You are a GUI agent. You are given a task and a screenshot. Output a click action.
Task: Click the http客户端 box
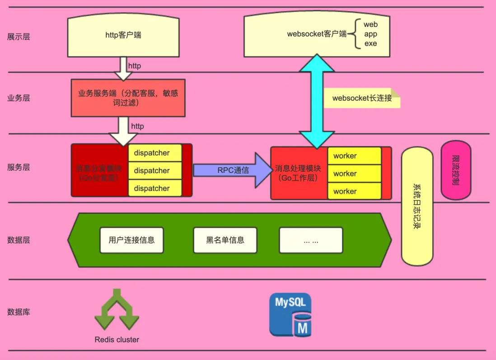[x=123, y=35]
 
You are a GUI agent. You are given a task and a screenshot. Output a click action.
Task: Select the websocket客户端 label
[x=317, y=34]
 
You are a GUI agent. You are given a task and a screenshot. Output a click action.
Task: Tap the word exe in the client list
[x=370, y=44]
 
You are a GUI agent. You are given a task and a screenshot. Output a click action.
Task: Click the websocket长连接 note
[x=362, y=98]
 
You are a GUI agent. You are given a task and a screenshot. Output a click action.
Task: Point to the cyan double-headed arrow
[x=317, y=102]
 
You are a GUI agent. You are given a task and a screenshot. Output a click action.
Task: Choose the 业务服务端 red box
[x=128, y=98]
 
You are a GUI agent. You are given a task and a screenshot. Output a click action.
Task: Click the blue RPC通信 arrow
[x=233, y=170]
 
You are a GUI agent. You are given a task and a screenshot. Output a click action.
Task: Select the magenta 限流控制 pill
[x=455, y=170]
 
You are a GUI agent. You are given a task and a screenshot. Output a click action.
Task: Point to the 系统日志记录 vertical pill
[x=417, y=206]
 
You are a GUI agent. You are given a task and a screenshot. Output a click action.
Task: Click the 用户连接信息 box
[x=131, y=240]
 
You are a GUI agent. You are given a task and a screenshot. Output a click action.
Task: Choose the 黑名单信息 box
[x=225, y=240]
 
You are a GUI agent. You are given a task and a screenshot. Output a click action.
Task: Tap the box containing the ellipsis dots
[x=311, y=240]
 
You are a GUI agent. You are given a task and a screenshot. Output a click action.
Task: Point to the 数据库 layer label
[x=19, y=312]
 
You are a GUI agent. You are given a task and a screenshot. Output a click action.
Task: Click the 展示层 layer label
[x=19, y=37]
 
